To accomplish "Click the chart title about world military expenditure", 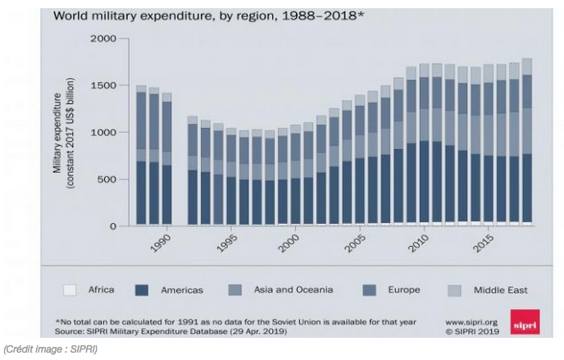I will point(209,15).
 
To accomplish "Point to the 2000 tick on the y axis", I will point(103,39).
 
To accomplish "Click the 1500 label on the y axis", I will point(103,85).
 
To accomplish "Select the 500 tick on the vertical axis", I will point(107,179).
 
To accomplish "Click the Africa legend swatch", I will point(70,289).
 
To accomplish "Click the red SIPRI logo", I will point(524,321).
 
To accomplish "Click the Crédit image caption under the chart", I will point(51,351).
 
